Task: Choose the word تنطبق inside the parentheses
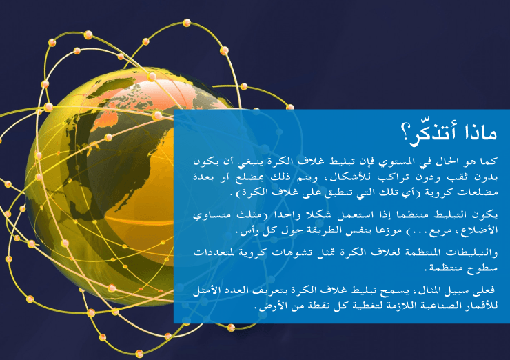338,193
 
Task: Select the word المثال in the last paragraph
429,290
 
